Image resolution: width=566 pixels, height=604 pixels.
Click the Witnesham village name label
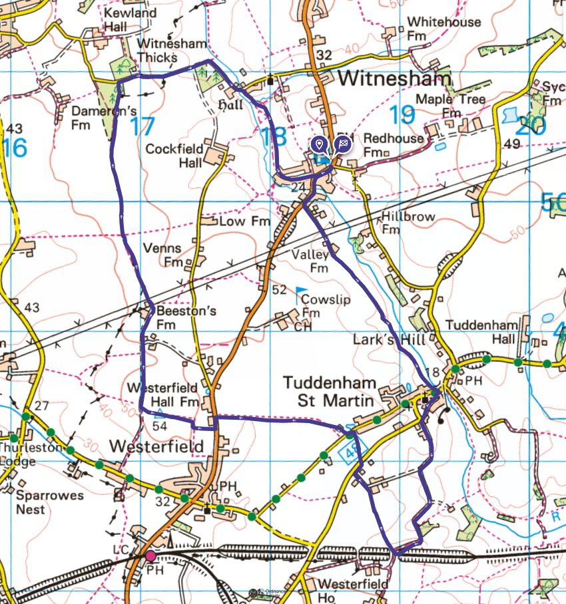pos(394,78)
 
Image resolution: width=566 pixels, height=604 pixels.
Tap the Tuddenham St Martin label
pos(330,390)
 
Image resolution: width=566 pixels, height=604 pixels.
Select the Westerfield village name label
pos(156,446)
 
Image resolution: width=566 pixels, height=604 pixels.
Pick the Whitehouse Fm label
pos(443,28)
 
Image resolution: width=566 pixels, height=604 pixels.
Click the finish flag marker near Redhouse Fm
pos(343,144)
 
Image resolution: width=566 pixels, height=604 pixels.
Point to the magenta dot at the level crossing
pos(150,555)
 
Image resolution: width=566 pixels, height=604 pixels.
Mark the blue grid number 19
pos(402,114)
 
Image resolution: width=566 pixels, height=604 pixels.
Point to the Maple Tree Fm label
pos(450,105)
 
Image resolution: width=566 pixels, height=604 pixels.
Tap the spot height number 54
pos(159,424)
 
